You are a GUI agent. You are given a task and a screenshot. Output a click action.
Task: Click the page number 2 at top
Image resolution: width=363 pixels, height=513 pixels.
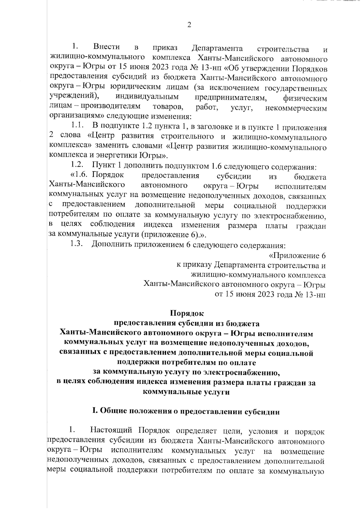point(189,25)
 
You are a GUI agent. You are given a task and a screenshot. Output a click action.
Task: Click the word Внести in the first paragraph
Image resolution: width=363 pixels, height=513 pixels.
point(106,47)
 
